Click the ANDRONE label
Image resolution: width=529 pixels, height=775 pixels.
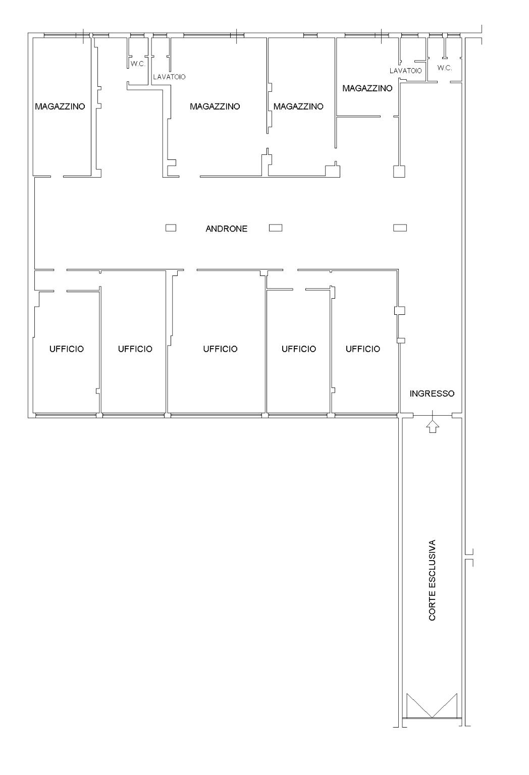click(227, 229)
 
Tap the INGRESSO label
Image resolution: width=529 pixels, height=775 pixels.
click(432, 394)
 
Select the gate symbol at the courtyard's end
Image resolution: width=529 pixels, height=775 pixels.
click(432, 706)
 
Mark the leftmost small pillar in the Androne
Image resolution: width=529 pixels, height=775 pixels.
click(171, 228)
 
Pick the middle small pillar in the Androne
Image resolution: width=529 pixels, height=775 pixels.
click(276, 228)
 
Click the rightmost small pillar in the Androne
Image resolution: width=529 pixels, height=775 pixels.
click(400, 228)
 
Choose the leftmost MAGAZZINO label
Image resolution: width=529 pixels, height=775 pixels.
click(60, 106)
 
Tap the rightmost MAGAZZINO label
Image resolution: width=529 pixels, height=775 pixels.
click(367, 88)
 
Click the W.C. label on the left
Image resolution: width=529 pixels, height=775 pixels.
click(137, 64)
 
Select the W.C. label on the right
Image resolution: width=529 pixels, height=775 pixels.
click(445, 68)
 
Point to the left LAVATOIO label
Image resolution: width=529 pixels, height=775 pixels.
click(169, 77)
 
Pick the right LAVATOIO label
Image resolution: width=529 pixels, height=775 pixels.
click(406, 71)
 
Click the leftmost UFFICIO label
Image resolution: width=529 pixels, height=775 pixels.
click(67, 349)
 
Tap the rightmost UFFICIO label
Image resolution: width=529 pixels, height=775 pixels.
click(363, 349)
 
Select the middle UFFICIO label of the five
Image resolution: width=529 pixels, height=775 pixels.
click(220, 349)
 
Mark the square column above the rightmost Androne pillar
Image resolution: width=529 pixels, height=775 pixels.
click(399, 172)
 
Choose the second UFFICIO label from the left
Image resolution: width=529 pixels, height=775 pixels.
click(135, 349)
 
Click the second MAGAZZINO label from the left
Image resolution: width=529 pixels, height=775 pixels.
click(215, 106)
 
